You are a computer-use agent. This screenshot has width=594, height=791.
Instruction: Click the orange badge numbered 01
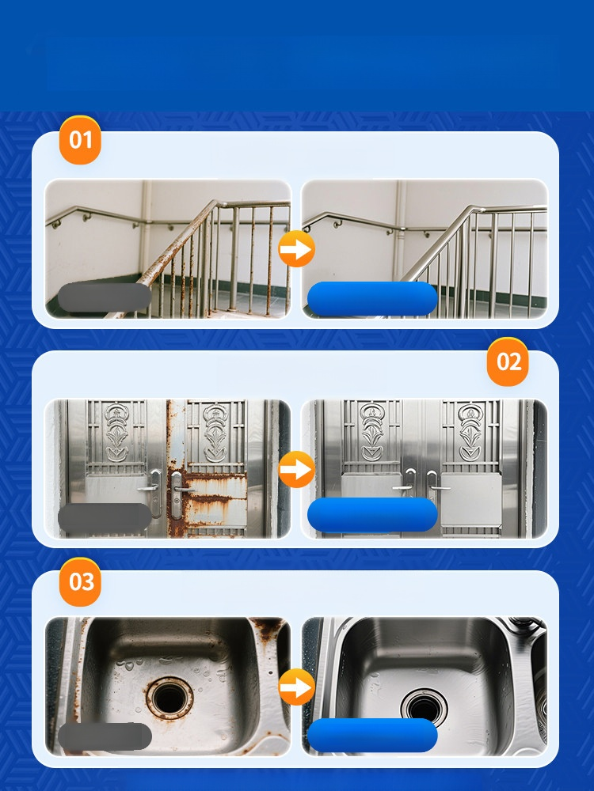click(80, 140)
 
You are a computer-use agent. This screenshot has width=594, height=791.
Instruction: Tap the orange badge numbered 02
click(508, 361)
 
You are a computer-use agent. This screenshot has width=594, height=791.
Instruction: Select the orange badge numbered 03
click(80, 581)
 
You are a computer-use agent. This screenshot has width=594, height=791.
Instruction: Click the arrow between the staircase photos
click(296, 248)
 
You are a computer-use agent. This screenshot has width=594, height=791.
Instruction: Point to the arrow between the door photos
click(296, 469)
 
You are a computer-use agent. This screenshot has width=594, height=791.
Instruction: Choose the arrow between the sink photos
click(296, 687)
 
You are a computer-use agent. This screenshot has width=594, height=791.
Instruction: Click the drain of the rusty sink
click(169, 698)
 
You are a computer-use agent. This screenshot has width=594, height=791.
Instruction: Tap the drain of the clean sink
click(425, 706)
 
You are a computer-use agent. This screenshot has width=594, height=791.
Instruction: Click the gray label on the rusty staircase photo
click(105, 297)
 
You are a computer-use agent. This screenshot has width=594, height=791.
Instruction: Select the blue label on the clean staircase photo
click(372, 299)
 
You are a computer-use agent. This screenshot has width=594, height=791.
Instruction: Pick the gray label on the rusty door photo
click(105, 517)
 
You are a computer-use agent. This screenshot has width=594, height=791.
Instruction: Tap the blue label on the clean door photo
click(372, 515)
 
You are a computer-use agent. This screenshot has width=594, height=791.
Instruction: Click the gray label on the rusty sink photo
click(105, 736)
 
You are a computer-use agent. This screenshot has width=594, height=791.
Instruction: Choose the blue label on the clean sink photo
click(372, 736)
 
